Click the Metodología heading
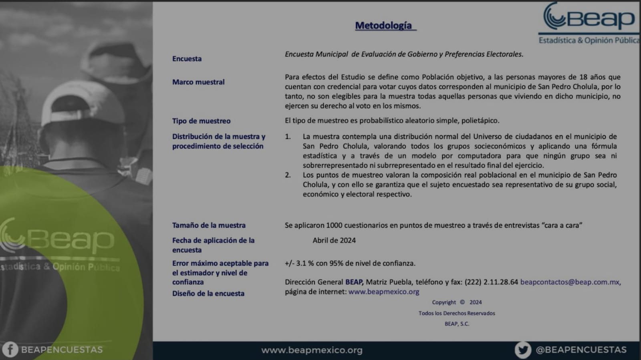coord(383,26)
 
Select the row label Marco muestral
coord(198,82)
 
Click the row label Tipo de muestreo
coord(201,121)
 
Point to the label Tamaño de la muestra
coord(209,225)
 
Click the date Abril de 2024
coord(334,241)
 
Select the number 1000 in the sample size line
coord(334,225)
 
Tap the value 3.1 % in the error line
coord(305,263)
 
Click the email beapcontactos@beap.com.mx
coord(570,282)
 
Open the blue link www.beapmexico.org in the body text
coord(384,292)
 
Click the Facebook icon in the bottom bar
coord(10,350)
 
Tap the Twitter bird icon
coord(523,350)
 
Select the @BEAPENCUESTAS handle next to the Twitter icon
coord(581,350)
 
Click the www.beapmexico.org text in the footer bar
coord(312,350)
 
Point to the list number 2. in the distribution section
coord(288,175)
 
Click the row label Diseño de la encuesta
coord(208,294)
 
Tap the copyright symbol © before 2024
coord(462,302)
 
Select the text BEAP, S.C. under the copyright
coord(457,324)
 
